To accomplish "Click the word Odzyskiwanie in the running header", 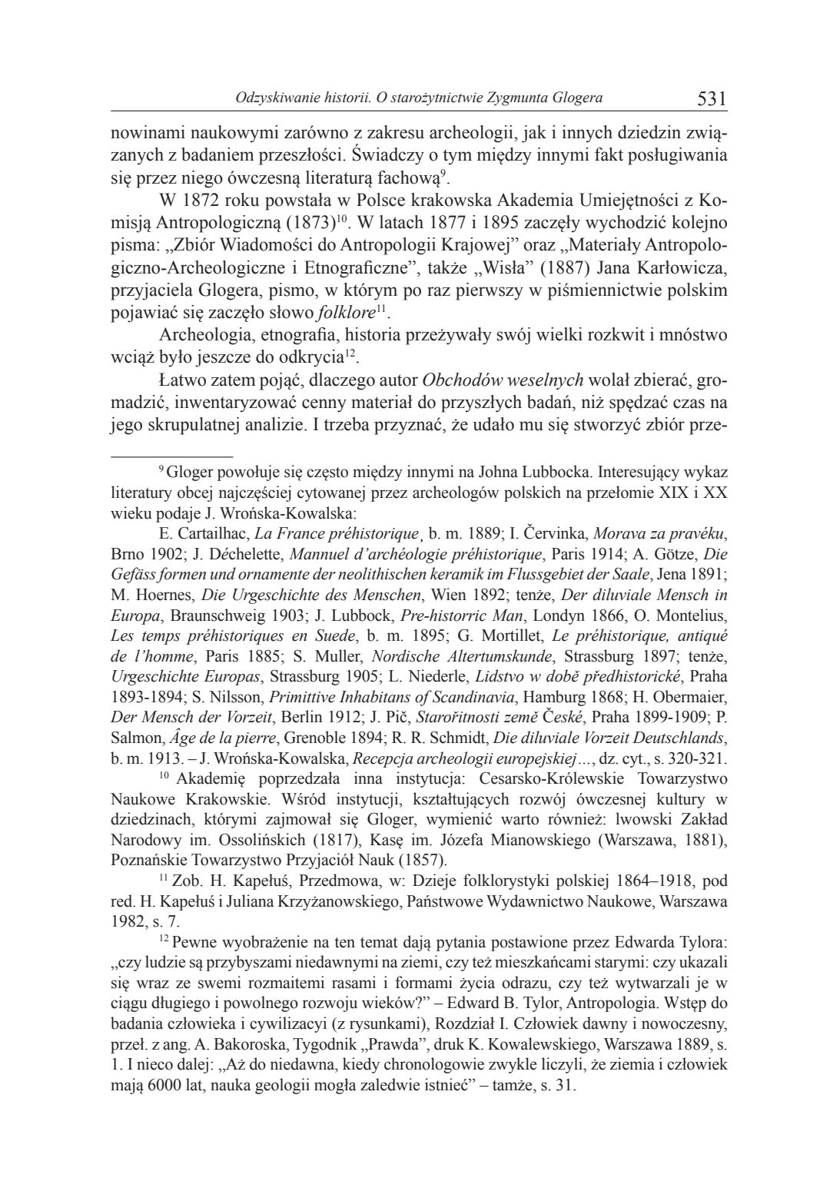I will coord(272,98).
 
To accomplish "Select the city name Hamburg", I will coord(560,698).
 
